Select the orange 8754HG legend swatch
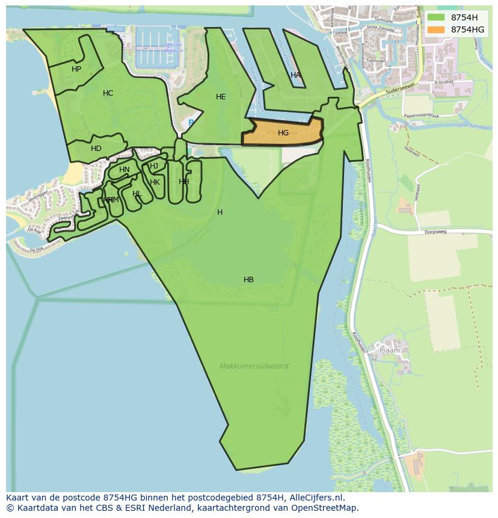[437, 29]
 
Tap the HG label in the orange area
[283, 133]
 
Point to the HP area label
[76, 69]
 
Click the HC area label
[108, 93]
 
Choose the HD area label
[96, 149]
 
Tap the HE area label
[221, 97]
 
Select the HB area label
[248, 280]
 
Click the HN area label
[124, 170]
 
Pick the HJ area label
[154, 166]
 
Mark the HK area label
[155, 182]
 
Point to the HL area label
[137, 194]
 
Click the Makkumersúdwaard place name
[254, 366]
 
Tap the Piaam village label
[389, 350]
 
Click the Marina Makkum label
[173, 48]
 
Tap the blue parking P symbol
[191, 123]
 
